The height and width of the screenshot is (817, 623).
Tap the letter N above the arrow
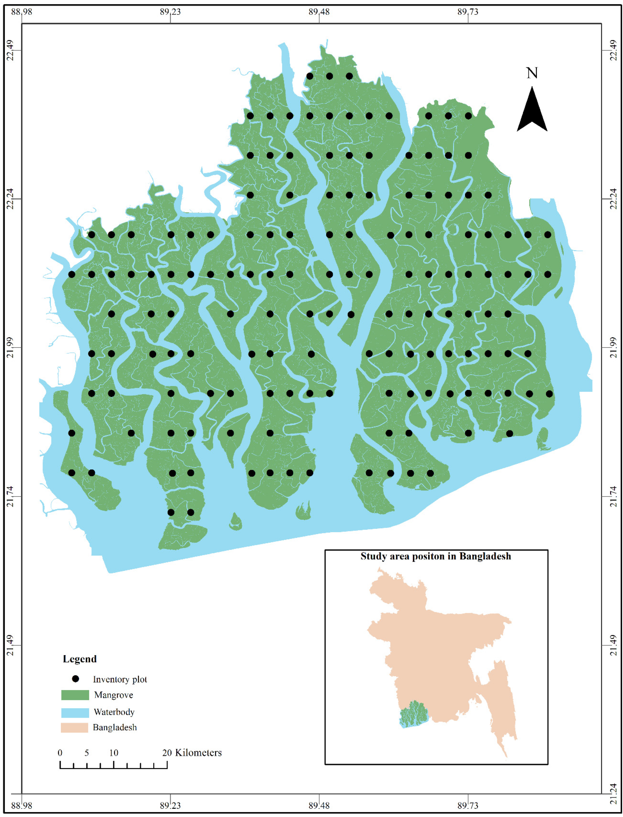point(532,73)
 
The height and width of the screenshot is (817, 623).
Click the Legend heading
point(80,659)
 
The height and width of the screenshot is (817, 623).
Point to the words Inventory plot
point(120,680)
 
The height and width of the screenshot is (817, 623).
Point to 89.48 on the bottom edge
point(319,805)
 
